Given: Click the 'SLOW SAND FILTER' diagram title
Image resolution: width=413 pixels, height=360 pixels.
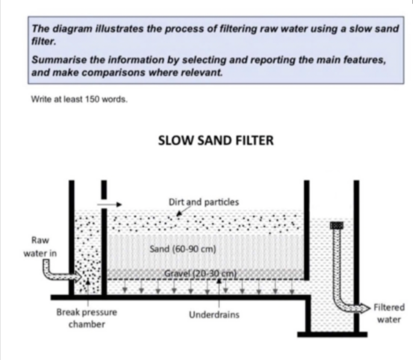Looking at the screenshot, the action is [x=216, y=140].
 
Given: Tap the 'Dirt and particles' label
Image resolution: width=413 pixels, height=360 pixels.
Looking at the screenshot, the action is [x=204, y=202].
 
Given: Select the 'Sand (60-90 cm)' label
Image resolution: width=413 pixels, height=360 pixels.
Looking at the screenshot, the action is [x=183, y=249].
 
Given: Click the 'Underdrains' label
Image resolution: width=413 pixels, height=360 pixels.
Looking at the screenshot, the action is [x=214, y=315].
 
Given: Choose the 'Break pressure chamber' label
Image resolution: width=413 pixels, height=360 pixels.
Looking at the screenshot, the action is [x=87, y=318].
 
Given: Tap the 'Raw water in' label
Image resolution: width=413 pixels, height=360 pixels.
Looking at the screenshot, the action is [x=40, y=247].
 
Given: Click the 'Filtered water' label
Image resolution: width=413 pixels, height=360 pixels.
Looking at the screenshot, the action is [x=389, y=313].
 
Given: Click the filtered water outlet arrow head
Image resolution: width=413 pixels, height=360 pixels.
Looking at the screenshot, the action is [x=366, y=307].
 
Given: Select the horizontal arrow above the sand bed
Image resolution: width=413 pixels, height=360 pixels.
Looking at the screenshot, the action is [x=109, y=204].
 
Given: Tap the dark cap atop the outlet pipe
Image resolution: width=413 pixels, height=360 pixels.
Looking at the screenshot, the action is [x=337, y=225].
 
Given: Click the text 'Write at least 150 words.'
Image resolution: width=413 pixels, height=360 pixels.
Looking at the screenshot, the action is [x=79, y=99].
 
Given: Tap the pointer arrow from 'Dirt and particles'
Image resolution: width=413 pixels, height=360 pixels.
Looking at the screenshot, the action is [x=184, y=211].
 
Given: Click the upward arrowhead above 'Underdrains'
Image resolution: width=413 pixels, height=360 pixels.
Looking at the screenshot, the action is [x=219, y=280].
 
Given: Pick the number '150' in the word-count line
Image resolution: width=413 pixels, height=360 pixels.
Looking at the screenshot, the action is [x=92, y=99].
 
